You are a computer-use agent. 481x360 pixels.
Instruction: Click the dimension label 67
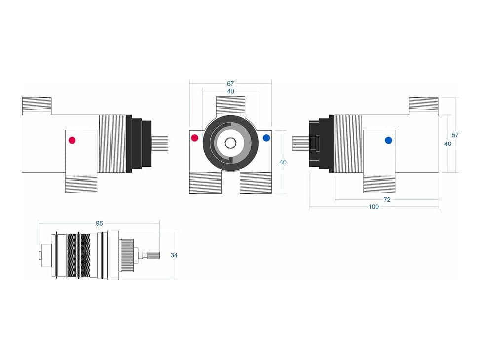230,84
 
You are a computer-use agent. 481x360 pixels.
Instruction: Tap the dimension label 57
455,135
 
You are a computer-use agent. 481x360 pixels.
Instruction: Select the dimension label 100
374,207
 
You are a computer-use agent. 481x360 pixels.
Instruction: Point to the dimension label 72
387,200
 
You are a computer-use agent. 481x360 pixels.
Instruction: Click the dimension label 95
99,223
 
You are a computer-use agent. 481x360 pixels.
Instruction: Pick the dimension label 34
174,255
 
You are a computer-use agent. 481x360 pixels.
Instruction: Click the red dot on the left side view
72,140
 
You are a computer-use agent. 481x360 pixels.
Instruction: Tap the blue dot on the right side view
388,140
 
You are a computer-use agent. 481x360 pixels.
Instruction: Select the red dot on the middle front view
195,138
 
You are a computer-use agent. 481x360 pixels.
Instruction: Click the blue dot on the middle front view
266,138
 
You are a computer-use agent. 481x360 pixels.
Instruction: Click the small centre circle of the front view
230,143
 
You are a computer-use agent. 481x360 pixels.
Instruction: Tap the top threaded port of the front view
231,106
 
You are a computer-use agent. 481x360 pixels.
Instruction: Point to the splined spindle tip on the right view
300,143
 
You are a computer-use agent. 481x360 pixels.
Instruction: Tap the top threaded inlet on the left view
37,104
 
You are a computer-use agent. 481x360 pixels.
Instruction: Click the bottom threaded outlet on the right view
379,183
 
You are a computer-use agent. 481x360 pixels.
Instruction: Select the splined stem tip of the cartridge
153,255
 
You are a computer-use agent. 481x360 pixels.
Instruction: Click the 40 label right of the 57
448,144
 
